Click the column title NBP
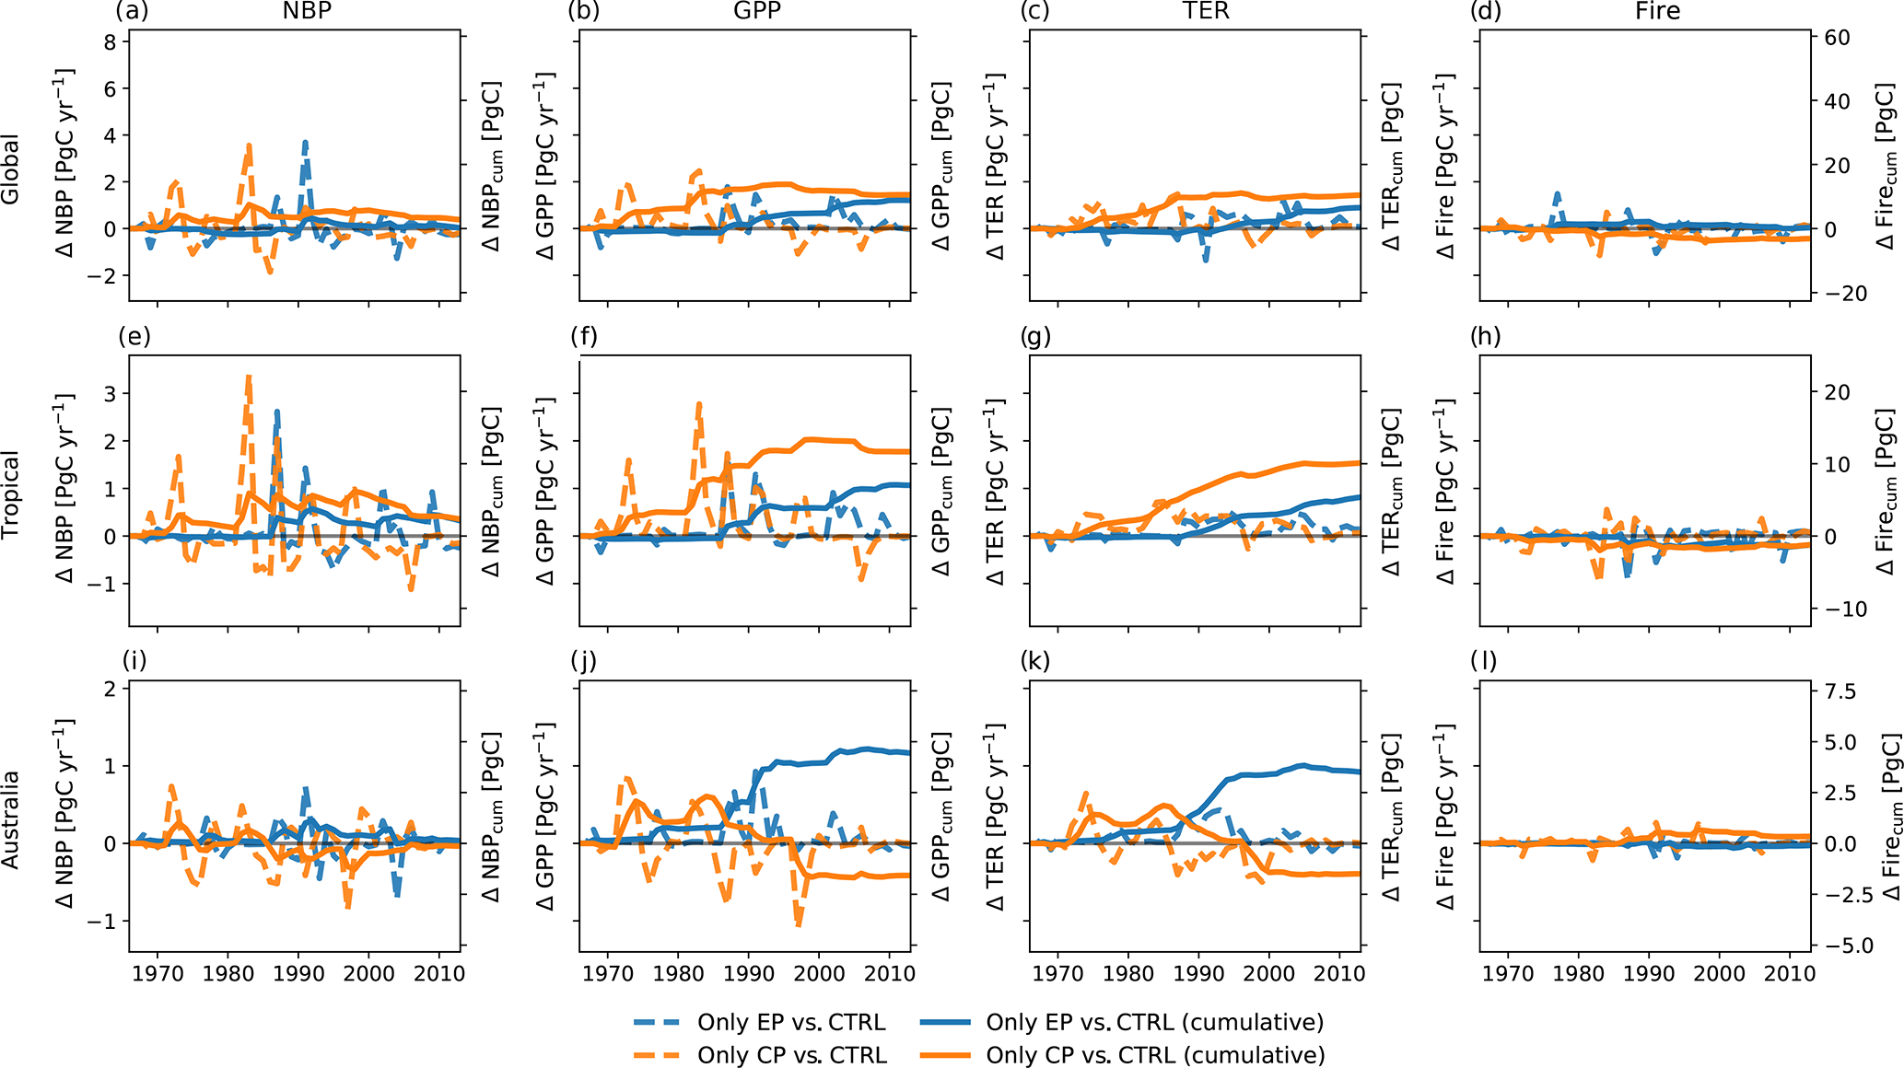(x=307, y=11)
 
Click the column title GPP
(x=756, y=11)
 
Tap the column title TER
(x=1206, y=11)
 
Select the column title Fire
(x=1657, y=11)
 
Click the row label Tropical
(x=11, y=494)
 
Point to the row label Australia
(x=11, y=819)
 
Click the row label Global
(x=11, y=169)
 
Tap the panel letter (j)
(x=584, y=661)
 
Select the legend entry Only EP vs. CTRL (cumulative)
(x=1154, y=1022)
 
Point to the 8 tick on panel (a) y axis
(x=111, y=41)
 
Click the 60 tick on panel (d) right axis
(x=1837, y=38)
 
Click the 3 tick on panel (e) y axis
(x=111, y=394)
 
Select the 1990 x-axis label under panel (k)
(x=1198, y=973)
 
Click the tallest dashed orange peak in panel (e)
(x=249, y=377)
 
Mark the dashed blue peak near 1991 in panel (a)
(x=305, y=143)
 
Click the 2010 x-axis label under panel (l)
(x=1790, y=973)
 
